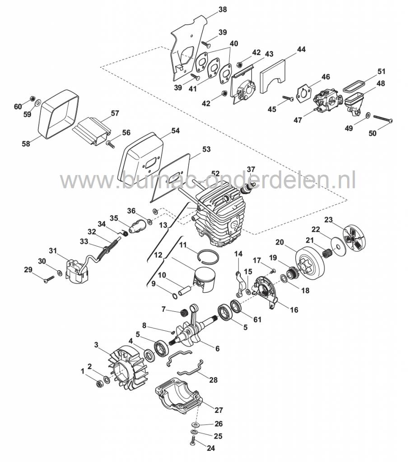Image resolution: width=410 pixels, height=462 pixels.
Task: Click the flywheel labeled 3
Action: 126,370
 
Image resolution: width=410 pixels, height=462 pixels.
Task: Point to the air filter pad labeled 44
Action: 274,76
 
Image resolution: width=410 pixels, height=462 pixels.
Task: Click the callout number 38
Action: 223,10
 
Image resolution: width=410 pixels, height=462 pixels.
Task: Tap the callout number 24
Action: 211,448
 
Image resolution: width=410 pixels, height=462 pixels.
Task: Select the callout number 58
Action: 26,144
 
